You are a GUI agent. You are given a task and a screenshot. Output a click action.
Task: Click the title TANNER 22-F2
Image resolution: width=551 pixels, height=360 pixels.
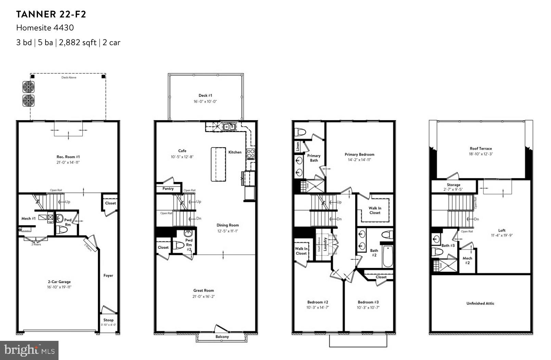pos(51,14)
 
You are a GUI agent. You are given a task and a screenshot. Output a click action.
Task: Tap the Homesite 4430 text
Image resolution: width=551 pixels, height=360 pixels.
pos(45,28)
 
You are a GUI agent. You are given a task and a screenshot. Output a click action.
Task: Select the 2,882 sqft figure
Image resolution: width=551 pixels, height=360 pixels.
pos(77,43)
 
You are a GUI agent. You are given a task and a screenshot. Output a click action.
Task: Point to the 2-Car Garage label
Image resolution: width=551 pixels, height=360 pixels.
pos(59,282)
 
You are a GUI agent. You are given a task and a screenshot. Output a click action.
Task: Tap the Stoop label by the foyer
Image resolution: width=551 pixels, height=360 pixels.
pos(108,320)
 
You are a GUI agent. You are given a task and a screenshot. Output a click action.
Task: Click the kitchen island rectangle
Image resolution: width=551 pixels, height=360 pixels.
pos(218,164)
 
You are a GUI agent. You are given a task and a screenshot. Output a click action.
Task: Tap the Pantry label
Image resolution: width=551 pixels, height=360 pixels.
pos(168,189)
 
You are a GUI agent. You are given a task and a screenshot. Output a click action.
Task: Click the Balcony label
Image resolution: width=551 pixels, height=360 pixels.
pos(222,337)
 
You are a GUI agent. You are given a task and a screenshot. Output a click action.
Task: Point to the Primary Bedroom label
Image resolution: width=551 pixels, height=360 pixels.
pos(359,155)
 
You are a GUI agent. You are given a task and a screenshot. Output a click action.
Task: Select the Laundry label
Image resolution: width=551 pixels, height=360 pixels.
pos(325,244)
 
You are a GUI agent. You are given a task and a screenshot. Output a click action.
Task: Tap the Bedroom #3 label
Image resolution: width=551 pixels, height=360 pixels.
pos(368,302)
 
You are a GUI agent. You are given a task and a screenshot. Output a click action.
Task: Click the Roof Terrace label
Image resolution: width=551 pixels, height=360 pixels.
pos(480,149)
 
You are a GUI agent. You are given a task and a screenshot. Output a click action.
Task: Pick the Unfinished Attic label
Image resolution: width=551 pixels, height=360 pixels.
pos(480,304)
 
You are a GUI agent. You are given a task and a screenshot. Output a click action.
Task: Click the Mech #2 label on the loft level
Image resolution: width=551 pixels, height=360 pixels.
pos(467,260)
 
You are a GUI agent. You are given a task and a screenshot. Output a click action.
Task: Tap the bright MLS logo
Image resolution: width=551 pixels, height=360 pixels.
pos(29,350)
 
